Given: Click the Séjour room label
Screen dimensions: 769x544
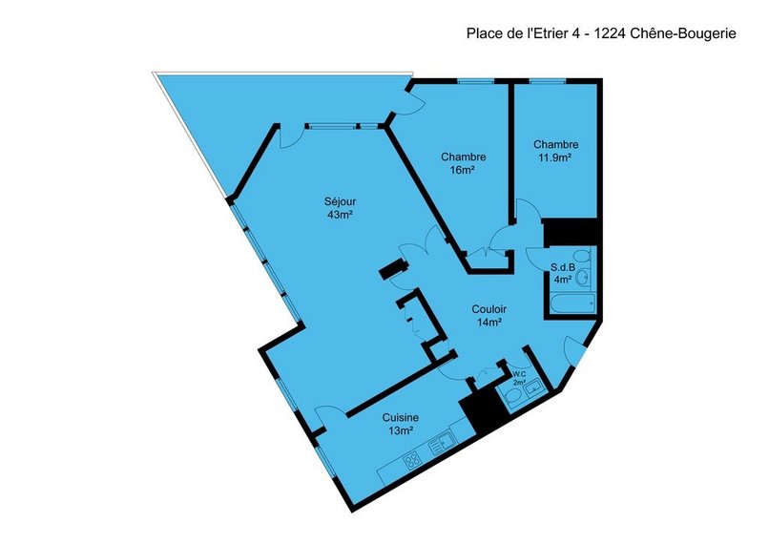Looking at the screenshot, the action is point(340,201).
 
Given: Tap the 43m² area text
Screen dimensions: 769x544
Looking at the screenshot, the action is point(341,215).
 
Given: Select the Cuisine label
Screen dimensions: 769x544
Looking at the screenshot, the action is point(401,418).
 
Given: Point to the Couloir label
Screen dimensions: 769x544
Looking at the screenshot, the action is point(488,309).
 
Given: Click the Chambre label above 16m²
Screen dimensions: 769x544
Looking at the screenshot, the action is point(464,157).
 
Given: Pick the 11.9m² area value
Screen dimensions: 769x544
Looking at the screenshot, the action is point(555,157).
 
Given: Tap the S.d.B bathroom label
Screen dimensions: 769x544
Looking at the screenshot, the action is point(562,268).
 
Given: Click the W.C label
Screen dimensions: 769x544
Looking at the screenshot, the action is point(519,374).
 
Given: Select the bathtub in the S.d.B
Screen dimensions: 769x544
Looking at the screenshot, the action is point(572,303).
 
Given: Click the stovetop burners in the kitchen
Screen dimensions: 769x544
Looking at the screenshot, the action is point(412,460).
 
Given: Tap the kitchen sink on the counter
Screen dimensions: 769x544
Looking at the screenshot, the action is point(442,445).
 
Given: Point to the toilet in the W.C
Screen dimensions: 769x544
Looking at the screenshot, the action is point(511,397).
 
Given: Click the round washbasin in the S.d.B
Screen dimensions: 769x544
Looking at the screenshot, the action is point(583,277).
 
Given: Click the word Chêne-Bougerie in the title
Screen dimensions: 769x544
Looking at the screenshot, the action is point(683,33).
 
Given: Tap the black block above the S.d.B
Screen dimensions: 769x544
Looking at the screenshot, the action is point(571,232).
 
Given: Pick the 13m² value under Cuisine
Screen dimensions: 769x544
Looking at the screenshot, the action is point(400,430).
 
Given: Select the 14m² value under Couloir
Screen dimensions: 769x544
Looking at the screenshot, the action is point(488,323).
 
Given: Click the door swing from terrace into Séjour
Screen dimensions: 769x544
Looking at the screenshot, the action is point(289,137).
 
